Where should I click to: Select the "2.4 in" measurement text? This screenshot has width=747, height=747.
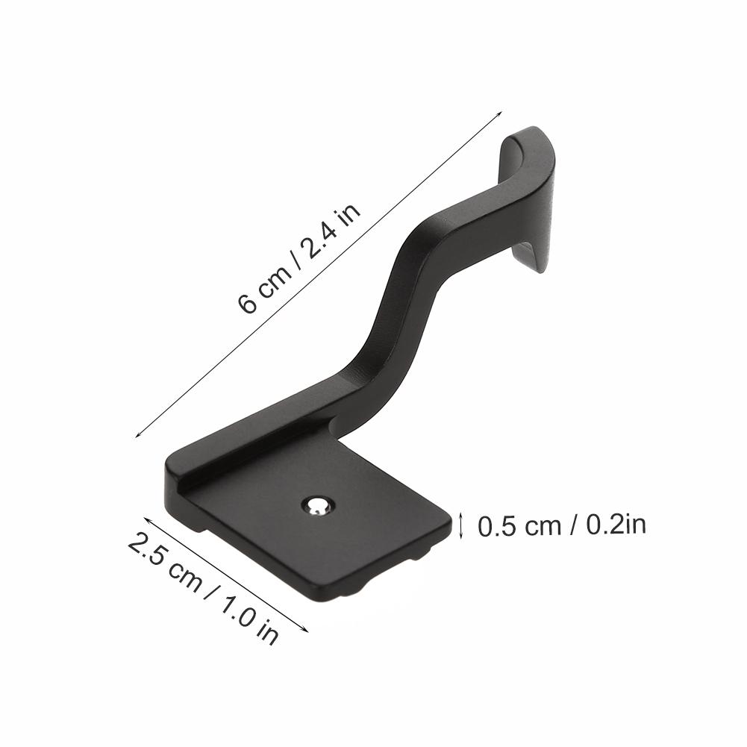pyautogui.click(x=331, y=229)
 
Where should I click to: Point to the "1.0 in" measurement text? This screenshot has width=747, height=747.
pyautogui.click(x=250, y=616)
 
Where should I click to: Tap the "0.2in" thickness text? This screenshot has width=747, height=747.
pyautogui.click(x=616, y=525)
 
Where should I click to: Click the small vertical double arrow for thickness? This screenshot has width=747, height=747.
pyautogui.click(x=461, y=525)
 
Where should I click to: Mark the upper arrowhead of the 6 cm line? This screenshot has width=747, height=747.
pyautogui.click(x=500, y=114)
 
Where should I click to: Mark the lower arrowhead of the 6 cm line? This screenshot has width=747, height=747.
pyautogui.click(x=137, y=437)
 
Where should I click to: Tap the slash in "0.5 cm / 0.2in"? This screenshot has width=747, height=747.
pyautogui.click(x=573, y=526)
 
